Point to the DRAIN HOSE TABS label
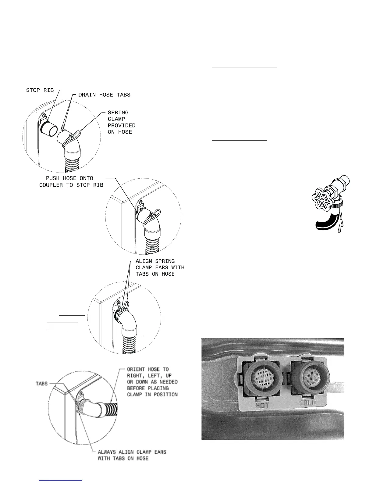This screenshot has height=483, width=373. pyautogui.click(x=104, y=95)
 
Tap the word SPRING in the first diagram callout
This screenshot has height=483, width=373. pyautogui.click(x=118, y=113)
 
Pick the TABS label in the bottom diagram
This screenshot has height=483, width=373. pyautogui.click(x=42, y=383)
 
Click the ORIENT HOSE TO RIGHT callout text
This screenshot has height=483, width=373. pyautogui.click(x=152, y=382)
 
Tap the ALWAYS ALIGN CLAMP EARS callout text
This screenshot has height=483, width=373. pyautogui.click(x=132, y=455)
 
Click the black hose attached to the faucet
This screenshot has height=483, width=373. pyautogui.click(x=324, y=220)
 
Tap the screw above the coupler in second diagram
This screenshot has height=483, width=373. pyautogui.click(x=140, y=202)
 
